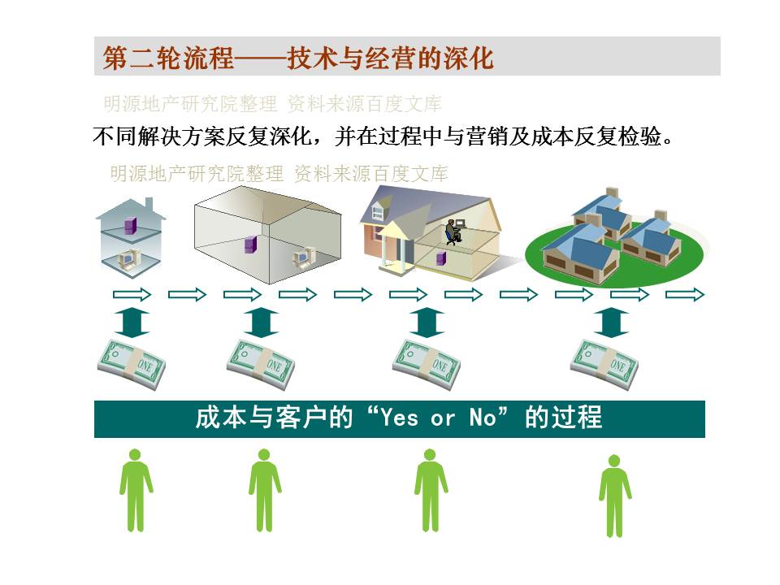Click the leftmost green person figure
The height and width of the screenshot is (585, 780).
pyautogui.click(x=136, y=490)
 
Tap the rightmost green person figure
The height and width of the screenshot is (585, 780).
pyautogui.click(x=615, y=496)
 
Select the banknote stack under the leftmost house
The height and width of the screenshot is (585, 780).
pyautogui.click(x=132, y=364)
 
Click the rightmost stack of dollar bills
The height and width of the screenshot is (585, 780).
pyautogui.click(x=604, y=364)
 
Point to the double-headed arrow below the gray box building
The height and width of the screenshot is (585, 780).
pyautogui.click(x=261, y=323)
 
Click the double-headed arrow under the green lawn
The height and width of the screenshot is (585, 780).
pyautogui.click(x=612, y=323)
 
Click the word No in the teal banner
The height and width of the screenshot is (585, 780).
pyautogui.click(x=482, y=418)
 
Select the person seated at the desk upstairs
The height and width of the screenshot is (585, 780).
pyautogui.click(x=453, y=232)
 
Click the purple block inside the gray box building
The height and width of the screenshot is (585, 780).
pyautogui.click(x=250, y=245)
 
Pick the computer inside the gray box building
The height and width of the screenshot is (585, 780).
pyautogui.click(x=303, y=257)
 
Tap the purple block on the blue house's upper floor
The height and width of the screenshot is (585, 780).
pyautogui.click(x=130, y=226)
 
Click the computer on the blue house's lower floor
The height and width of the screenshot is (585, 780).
pyautogui.click(x=128, y=259)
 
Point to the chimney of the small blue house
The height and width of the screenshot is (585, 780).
pyautogui.click(x=149, y=205)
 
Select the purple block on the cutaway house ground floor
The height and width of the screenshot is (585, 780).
pyautogui.click(x=441, y=258)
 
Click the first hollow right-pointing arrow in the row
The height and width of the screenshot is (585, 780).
pyautogui.click(x=132, y=294)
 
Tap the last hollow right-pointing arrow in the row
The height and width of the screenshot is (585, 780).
pyautogui.click(x=685, y=294)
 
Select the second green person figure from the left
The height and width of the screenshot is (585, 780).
pyautogui.click(x=265, y=490)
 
